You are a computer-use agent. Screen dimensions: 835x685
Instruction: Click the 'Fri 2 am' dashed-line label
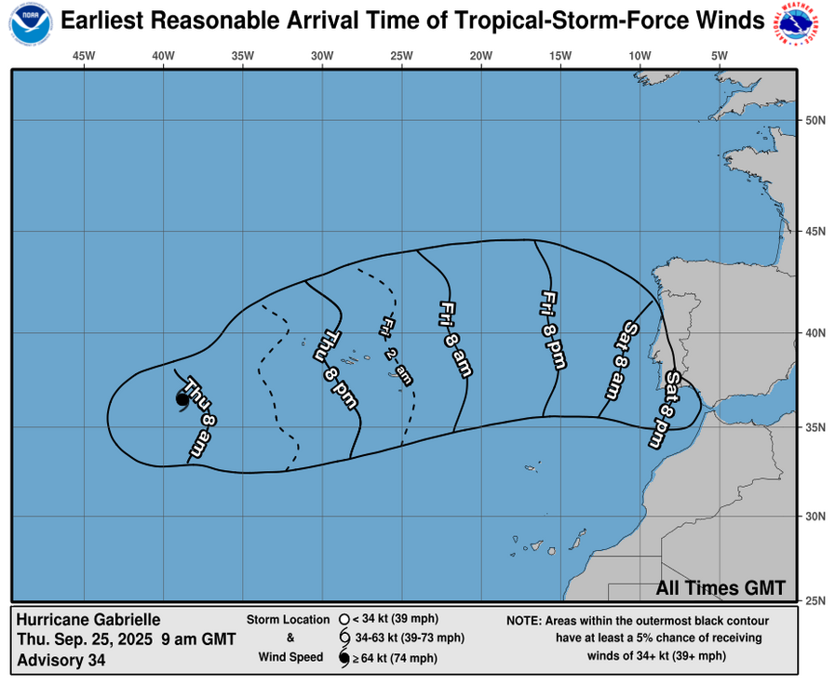click(396, 350)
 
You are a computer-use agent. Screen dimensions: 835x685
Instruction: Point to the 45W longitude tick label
click(84, 56)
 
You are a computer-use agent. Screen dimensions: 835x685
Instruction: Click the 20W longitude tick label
click(481, 56)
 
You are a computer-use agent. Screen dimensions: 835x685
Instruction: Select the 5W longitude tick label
click(719, 56)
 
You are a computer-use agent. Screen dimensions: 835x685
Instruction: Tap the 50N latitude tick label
click(815, 120)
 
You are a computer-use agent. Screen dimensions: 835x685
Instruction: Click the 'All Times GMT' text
click(721, 588)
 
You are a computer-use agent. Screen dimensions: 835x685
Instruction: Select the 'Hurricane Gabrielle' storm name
click(88, 620)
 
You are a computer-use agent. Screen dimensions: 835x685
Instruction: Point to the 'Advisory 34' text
click(61, 661)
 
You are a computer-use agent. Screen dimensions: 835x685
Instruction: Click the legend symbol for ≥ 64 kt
click(343, 659)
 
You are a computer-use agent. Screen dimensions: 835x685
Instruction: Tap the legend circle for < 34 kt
click(343, 619)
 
